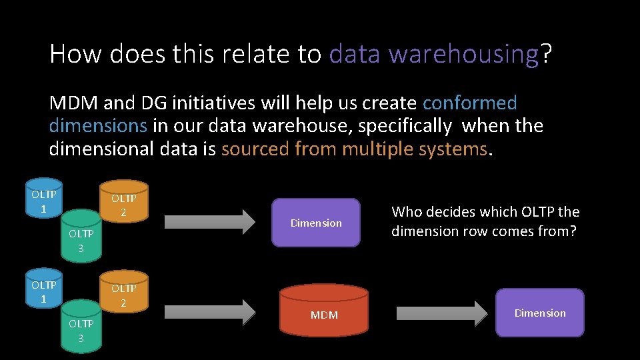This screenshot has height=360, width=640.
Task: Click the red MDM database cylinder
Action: click(x=324, y=311)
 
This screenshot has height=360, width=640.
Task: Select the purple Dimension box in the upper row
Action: click(x=316, y=223)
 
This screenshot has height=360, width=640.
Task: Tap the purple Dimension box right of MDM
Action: click(x=539, y=313)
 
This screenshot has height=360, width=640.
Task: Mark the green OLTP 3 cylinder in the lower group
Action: click(x=81, y=327)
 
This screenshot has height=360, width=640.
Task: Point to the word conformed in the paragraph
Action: click(x=469, y=103)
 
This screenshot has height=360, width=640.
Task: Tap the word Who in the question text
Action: click(x=407, y=212)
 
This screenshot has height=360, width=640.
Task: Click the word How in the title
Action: click(x=75, y=54)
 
